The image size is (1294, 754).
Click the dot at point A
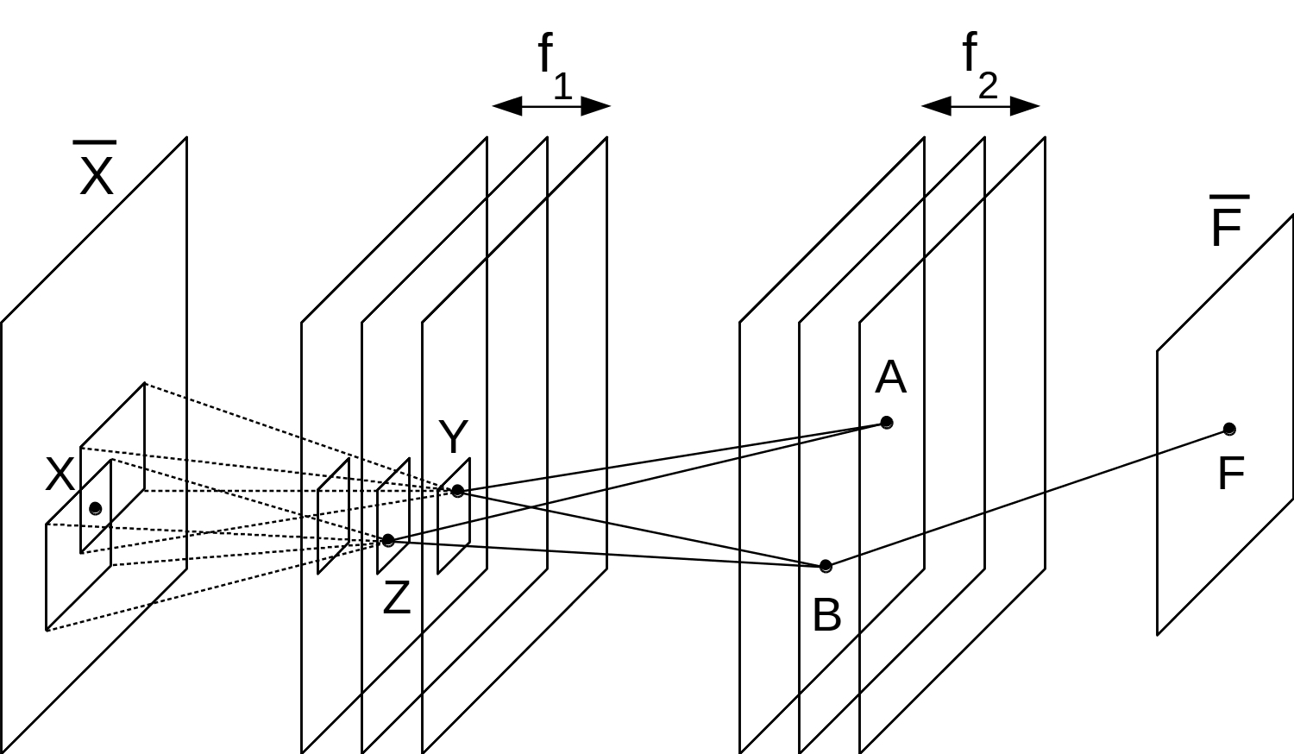(x=886, y=422)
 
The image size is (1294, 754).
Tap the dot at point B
(x=826, y=566)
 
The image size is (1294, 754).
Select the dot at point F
(x=1229, y=429)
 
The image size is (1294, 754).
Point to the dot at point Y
(x=457, y=491)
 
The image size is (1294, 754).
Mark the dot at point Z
(x=388, y=541)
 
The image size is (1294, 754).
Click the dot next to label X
(x=96, y=508)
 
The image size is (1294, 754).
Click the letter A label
(x=890, y=379)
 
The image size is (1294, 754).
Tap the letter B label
(x=826, y=616)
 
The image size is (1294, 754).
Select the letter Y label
(x=453, y=437)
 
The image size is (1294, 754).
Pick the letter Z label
(x=396, y=598)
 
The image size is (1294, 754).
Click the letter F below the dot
(x=1230, y=474)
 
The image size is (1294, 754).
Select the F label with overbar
(x=1226, y=225)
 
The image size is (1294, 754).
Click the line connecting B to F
(x=1027, y=498)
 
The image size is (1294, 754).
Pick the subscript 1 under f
(x=562, y=87)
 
